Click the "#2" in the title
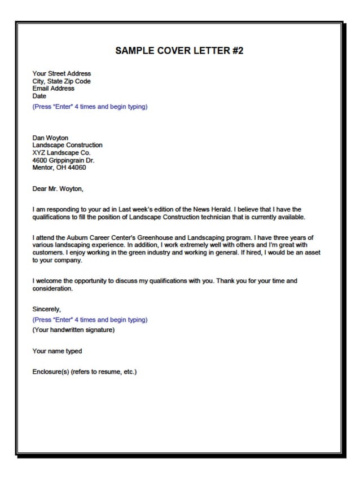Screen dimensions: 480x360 tap(237, 51)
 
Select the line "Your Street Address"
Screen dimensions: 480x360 tap(62, 74)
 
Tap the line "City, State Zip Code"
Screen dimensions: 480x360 tap(62, 81)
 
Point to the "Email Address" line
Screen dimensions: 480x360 tap(53, 89)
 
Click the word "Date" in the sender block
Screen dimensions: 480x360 tap(39, 96)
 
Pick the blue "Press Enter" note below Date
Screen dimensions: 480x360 tap(90, 107)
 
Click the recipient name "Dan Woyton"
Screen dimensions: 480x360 tap(50, 138)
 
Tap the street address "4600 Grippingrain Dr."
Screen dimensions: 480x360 tap(63, 160)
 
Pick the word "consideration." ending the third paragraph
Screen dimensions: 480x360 tap(52, 288)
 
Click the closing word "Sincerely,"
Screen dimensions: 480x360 tap(46, 309)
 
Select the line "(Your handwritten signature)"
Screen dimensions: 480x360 tap(73, 330)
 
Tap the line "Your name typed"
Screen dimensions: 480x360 tap(57, 351)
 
